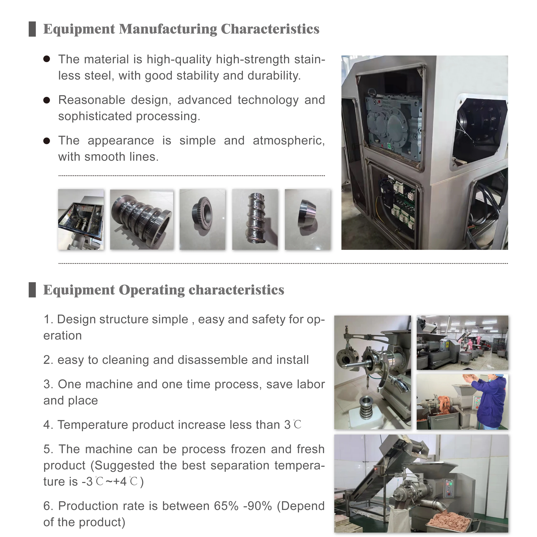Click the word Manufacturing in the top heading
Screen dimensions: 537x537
tap(168, 29)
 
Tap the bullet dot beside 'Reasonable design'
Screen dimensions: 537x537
tap(47, 100)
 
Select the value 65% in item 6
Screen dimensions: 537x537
tap(226, 506)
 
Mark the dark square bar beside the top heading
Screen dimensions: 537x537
tap(32, 29)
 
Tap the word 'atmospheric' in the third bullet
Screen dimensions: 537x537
tap(289, 141)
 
